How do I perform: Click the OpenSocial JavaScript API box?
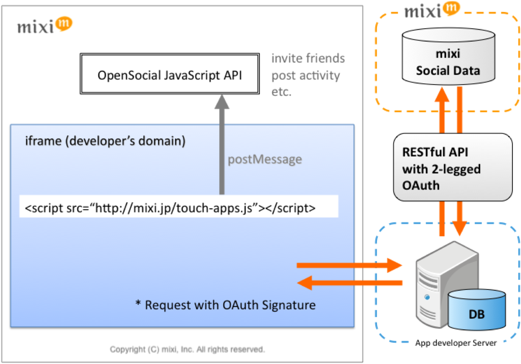click(x=170, y=74)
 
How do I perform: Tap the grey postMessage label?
click(x=265, y=159)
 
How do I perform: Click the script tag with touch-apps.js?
click(x=170, y=208)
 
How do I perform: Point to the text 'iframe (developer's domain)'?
click(x=105, y=141)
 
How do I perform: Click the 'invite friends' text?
click(x=308, y=58)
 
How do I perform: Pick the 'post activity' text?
click(x=306, y=76)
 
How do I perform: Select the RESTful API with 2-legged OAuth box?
click(x=452, y=168)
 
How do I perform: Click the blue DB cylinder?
click(x=477, y=310)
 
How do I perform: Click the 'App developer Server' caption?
click(x=456, y=343)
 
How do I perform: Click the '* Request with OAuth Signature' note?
click(x=225, y=305)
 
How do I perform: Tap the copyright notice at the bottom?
click(x=187, y=349)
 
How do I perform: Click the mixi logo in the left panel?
click(x=44, y=26)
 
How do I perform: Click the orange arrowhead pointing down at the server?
click(x=460, y=228)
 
